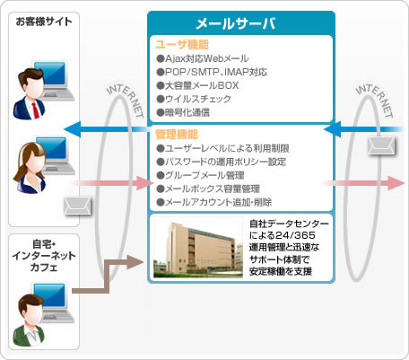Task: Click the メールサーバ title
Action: pyautogui.click(x=235, y=23)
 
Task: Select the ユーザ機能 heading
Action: pyautogui.click(x=182, y=45)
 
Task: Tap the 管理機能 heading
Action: pyautogui.click(x=177, y=135)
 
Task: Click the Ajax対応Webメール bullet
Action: pyautogui.click(x=203, y=58)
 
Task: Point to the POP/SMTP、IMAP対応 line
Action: pyautogui.click(x=212, y=72)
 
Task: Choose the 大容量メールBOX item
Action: pyautogui.click(x=197, y=85)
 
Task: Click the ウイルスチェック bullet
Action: pyautogui.click(x=194, y=99)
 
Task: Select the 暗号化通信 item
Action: pyautogui.click(x=183, y=112)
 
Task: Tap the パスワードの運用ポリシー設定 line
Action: pyautogui.click(x=222, y=162)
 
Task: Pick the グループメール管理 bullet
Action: pyautogui.click(x=200, y=175)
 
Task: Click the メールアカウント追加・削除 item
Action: pyautogui.click(x=214, y=202)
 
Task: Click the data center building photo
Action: pyautogui.click(x=198, y=250)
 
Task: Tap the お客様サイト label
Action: pyautogui.click(x=44, y=22)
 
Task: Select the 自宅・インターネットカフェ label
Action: pyautogui.click(x=44, y=256)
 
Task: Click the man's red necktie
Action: pyautogui.click(x=35, y=110)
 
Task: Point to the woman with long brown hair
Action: pyautogui.click(x=30, y=168)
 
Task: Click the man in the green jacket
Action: pyautogui.click(x=29, y=320)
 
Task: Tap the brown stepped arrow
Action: pyautogui.click(x=108, y=277)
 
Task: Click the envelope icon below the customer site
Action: pyautogui.click(x=77, y=206)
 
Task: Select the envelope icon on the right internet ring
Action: pyautogui.click(x=381, y=146)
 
